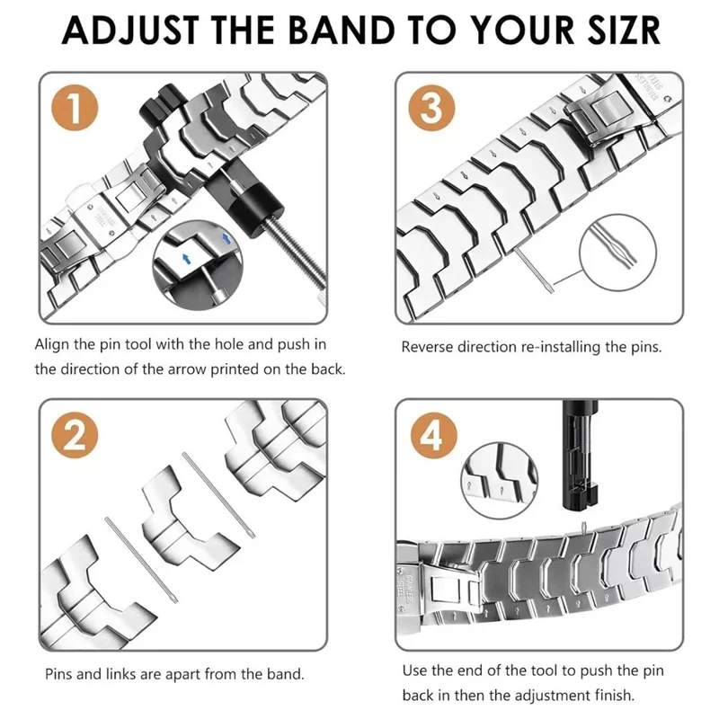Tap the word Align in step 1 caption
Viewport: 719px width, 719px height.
click(x=53, y=344)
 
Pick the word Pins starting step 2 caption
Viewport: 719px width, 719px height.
click(x=60, y=673)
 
